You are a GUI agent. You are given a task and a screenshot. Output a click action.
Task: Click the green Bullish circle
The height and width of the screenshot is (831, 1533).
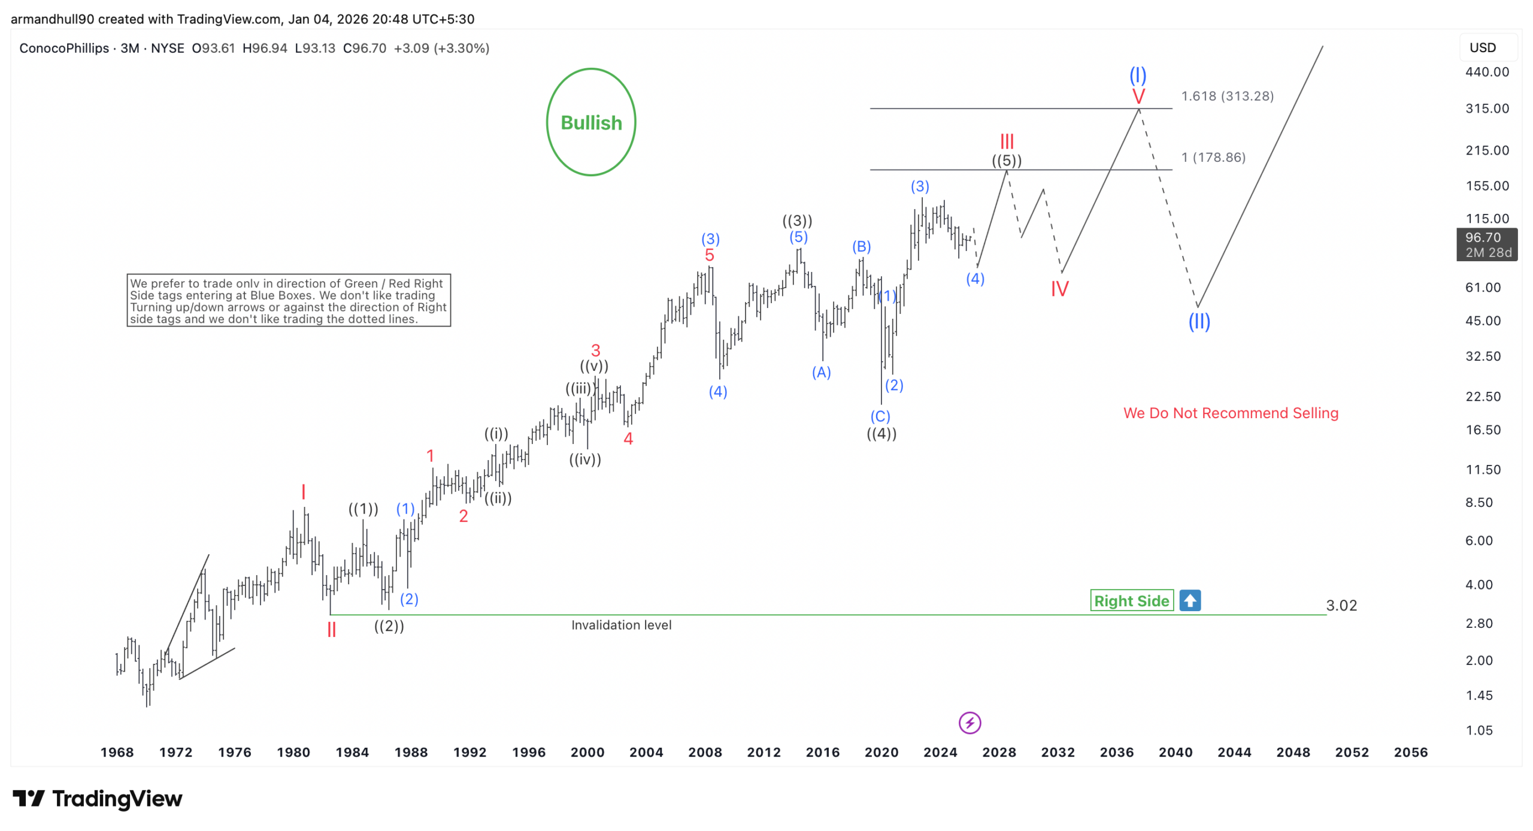click(590, 122)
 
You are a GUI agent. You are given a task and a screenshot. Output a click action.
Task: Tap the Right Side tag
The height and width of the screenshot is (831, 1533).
click(1131, 600)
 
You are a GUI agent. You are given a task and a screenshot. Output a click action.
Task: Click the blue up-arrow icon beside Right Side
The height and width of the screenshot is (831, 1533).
click(1189, 600)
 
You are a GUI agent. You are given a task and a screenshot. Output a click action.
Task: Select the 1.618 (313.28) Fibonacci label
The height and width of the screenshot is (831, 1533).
click(1226, 96)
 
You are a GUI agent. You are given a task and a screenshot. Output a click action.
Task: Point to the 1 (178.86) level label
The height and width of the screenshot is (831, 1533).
click(1213, 157)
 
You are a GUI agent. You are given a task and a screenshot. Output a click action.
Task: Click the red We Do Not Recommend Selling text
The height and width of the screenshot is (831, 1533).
click(1230, 413)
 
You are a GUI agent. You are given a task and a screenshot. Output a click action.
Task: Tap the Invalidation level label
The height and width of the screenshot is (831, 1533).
click(621, 625)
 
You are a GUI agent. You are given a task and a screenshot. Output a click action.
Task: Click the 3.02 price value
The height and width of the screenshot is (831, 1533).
click(1341, 605)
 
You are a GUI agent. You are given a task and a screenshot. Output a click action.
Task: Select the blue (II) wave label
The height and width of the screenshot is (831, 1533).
click(1199, 322)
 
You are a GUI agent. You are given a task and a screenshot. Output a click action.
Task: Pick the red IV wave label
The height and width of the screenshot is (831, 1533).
click(1059, 289)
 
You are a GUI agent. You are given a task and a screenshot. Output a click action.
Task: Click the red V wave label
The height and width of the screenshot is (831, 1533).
click(1138, 96)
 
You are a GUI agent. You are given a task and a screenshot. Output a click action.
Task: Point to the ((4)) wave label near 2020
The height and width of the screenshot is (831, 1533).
click(881, 434)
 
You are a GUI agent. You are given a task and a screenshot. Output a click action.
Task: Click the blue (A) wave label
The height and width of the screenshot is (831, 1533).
click(821, 373)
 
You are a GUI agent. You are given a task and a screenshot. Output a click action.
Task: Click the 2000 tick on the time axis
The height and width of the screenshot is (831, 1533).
click(587, 752)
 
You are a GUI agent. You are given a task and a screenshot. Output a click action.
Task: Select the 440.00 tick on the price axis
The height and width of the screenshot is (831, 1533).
click(1486, 72)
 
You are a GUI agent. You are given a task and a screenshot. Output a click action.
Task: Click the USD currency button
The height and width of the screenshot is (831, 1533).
click(1482, 47)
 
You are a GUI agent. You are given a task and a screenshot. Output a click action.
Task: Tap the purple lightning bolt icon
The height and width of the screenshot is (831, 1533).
click(970, 723)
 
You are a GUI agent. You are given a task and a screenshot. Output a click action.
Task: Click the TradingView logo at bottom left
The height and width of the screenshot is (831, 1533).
click(98, 799)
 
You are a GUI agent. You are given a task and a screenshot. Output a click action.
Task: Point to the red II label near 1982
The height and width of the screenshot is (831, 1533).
click(331, 630)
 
